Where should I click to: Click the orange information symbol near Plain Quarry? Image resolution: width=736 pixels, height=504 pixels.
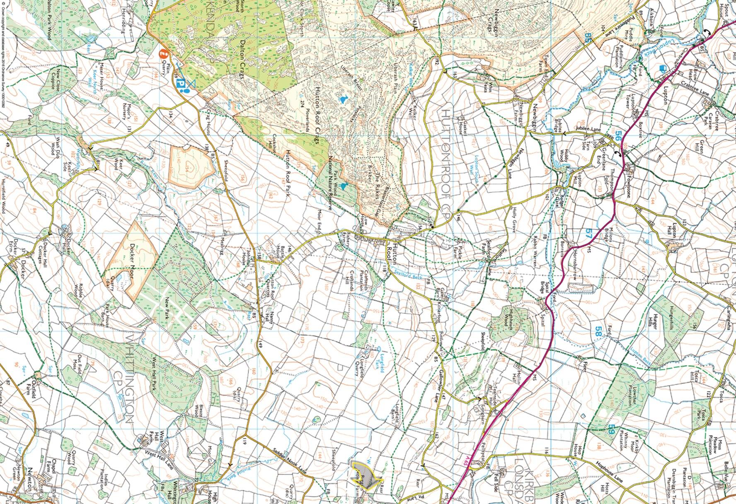coord(164,53)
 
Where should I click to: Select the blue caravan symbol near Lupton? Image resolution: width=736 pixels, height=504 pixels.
coord(661,69)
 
